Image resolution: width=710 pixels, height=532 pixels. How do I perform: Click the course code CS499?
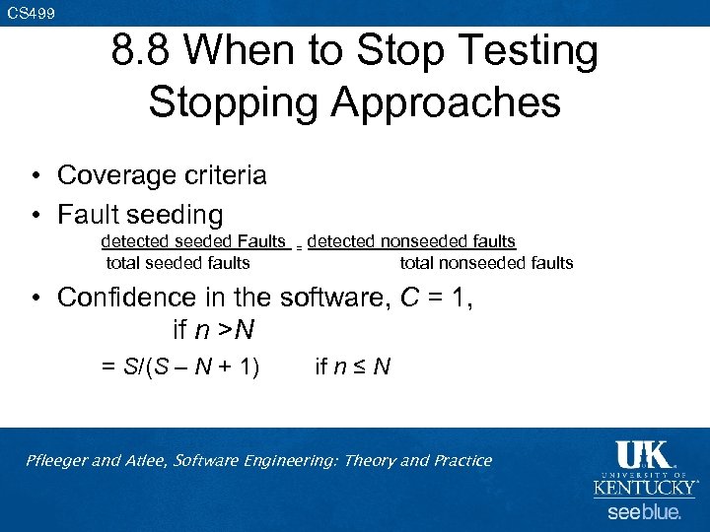(31, 13)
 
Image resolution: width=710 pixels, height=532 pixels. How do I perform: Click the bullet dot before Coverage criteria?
(34, 176)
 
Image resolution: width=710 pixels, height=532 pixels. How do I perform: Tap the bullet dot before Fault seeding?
(34, 215)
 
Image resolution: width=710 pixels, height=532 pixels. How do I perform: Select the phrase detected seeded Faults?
(193, 241)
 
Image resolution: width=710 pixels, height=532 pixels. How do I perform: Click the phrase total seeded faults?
(177, 263)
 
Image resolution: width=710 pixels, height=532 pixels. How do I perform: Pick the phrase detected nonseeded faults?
(411, 241)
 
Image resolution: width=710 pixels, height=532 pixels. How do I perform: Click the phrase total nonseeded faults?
(486, 263)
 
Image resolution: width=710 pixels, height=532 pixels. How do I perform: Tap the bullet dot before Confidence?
(34, 298)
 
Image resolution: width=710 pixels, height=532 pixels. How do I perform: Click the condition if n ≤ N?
(352, 367)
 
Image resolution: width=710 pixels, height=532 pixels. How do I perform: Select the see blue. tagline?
(644, 512)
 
